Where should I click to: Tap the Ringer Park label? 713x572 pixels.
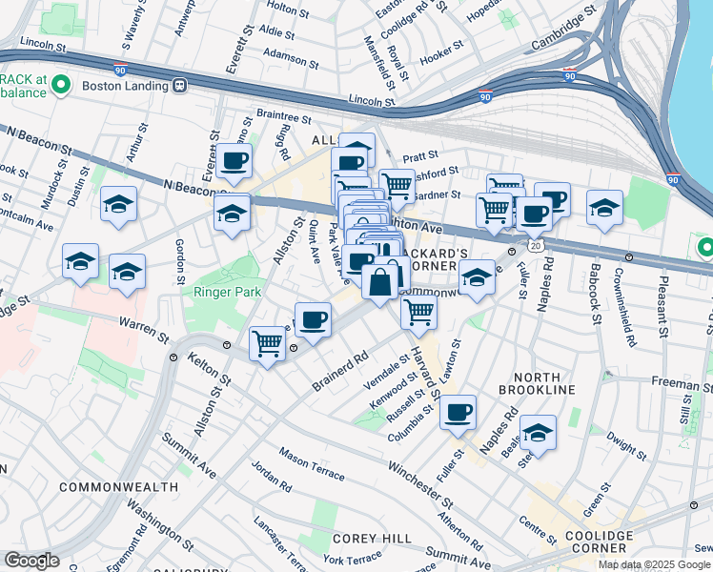(227, 292)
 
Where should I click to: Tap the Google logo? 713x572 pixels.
(31, 561)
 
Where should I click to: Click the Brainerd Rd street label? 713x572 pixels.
(338, 373)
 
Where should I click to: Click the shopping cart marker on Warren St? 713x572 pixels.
(268, 343)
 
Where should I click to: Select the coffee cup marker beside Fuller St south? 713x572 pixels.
(458, 411)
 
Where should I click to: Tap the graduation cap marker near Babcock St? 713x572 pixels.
(604, 207)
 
